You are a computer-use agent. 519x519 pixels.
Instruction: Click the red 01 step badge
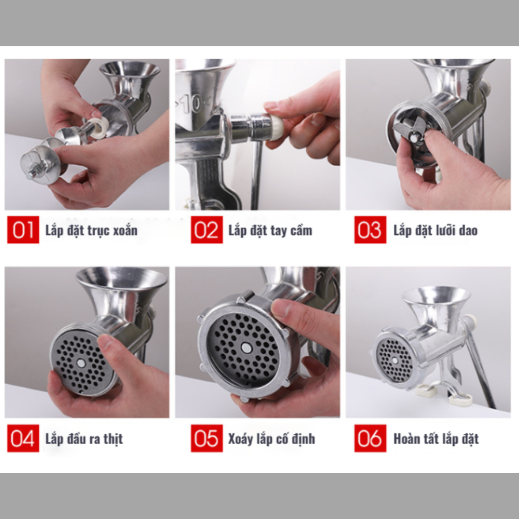tap(23, 230)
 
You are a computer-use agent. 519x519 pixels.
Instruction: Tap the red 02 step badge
tap(207, 230)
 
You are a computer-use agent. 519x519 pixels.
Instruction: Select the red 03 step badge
tap(370, 230)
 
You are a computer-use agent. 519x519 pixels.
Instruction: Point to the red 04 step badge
tap(23, 438)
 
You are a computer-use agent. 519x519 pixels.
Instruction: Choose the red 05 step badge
tap(207, 438)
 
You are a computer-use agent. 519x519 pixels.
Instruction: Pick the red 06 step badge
tap(370, 438)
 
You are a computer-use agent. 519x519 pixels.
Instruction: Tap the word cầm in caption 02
tap(301, 230)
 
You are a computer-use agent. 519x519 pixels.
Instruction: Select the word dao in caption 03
tap(468, 231)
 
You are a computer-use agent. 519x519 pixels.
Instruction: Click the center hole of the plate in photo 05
tap(246, 347)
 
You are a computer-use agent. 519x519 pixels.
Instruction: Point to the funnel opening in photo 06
tap(436, 294)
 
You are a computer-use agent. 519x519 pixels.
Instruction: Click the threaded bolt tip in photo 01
tap(32, 174)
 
